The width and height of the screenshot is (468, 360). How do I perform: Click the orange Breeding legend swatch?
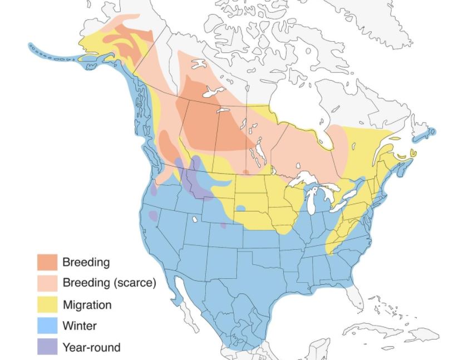tap(47, 262)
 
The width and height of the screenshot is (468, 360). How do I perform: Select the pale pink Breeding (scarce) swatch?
tap(47, 283)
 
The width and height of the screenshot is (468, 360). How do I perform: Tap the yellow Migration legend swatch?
tap(47, 304)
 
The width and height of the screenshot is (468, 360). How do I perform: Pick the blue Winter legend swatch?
tap(47, 326)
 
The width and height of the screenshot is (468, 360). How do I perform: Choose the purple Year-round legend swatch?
tap(47, 347)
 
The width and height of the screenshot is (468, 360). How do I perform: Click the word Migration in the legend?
tap(87, 305)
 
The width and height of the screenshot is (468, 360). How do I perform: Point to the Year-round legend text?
tap(91, 347)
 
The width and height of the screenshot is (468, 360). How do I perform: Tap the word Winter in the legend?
tap(80, 326)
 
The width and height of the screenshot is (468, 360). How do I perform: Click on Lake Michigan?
tap(313, 200)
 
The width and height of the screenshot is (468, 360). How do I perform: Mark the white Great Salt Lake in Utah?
tap(194, 219)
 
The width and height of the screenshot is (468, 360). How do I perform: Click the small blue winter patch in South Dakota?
tap(240, 208)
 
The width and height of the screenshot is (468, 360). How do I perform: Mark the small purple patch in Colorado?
tap(223, 225)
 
